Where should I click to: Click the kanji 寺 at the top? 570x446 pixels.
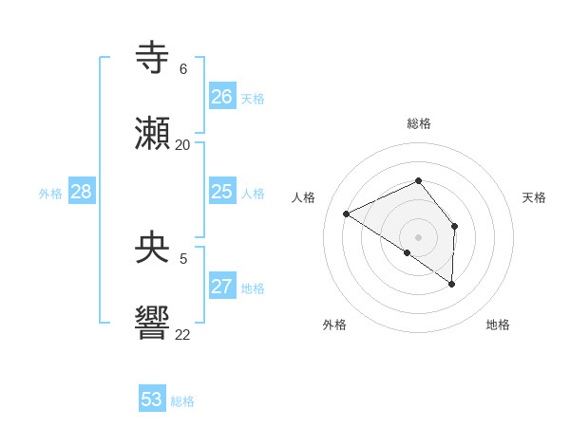pos(153,58)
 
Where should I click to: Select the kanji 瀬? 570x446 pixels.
pos(153,135)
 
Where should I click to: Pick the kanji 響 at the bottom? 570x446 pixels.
pos(153,324)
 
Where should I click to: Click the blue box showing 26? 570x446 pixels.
pos(222,97)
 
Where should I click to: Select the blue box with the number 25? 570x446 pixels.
pos(222,192)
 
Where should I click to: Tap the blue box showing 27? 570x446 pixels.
pos(222,287)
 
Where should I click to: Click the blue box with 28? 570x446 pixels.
pos(82,192)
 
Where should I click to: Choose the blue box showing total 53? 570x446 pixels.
pos(152,400)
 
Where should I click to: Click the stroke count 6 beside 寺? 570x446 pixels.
pos(183,69)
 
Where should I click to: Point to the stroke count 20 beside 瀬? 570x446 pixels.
pos(183,145)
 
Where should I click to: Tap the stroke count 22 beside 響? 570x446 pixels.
pos(183,334)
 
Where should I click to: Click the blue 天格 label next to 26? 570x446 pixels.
pos(253,99)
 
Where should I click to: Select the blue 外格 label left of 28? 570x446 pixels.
pos(50,194)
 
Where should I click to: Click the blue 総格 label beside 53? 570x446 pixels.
pos(182,401)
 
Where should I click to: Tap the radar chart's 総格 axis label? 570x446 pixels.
pos(419,123)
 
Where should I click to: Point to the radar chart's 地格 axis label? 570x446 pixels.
pos(498,325)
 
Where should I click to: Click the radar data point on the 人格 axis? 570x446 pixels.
pos(347,214)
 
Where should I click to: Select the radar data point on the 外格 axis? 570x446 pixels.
pos(408,252)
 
